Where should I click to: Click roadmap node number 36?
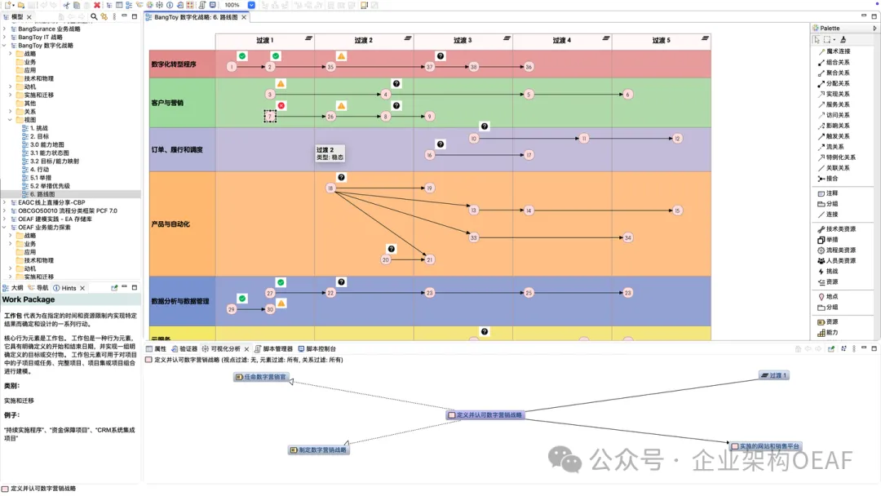[529, 67]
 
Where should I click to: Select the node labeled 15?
[677, 210]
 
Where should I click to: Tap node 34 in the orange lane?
[627, 238]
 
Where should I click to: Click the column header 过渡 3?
[461, 40]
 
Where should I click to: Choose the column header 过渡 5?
[661, 40]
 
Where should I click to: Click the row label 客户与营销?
[168, 103]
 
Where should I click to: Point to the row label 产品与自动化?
[170, 224]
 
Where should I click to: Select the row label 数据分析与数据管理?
[180, 301]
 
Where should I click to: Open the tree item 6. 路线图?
[42, 194]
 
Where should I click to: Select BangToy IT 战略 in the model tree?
[40, 38]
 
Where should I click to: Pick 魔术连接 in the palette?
[838, 51]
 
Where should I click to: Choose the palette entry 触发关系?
[838, 136]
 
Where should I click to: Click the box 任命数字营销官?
[262, 377]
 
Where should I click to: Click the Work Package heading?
[29, 300]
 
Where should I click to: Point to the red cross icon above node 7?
[281, 105]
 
